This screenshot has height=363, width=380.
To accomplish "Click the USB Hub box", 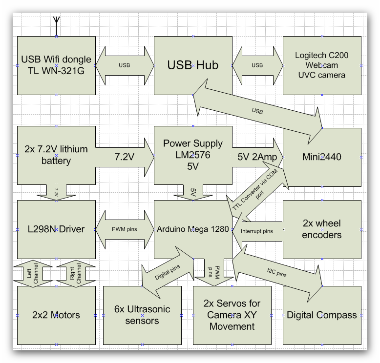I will tap(193, 65).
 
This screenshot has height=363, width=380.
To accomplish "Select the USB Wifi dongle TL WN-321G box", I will tap(56, 65).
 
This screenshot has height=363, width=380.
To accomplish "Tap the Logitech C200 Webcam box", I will tap(322, 65).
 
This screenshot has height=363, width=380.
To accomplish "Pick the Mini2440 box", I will tap(322, 157).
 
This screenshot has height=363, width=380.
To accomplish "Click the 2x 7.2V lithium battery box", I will tap(56, 155).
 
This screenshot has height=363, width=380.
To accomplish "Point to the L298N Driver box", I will tap(56, 229).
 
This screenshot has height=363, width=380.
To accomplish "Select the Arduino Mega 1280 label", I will tap(193, 228).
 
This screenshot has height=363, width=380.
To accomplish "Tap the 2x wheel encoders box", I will tap(322, 229).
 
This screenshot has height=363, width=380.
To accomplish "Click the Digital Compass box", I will tap(322, 315).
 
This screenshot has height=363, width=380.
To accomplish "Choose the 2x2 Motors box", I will tap(56, 315).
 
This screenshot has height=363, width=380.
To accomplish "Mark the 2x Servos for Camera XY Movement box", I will tap(232, 315).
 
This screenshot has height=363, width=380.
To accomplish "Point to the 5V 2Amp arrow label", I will tap(256, 157).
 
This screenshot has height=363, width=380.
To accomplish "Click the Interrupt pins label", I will tap(257, 230).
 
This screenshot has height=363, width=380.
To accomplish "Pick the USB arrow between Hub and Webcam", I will tap(257, 65).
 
